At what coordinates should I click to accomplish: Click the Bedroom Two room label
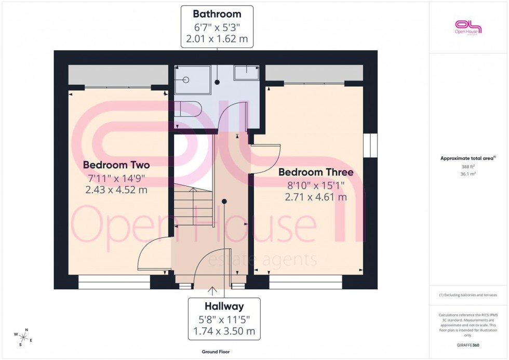(116, 166)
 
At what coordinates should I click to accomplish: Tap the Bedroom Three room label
(316, 172)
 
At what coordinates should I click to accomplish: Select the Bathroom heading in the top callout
(217, 14)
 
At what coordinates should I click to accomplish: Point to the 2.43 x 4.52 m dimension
(116, 190)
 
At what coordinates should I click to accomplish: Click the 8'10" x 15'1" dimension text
(316, 185)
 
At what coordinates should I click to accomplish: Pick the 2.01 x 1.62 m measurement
(217, 38)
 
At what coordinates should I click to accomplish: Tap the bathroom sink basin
(246, 73)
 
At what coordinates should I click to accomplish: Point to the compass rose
(23, 337)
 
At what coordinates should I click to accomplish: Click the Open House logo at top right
(468, 27)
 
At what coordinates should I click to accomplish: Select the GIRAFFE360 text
(468, 345)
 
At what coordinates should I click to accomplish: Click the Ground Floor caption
(216, 352)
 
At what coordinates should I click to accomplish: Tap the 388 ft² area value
(468, 167)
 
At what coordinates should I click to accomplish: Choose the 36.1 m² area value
(468, 174)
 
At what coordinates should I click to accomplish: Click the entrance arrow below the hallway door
(212, 289)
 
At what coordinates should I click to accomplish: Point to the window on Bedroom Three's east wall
(370, 145)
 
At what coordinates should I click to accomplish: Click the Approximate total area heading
(468, 158)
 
